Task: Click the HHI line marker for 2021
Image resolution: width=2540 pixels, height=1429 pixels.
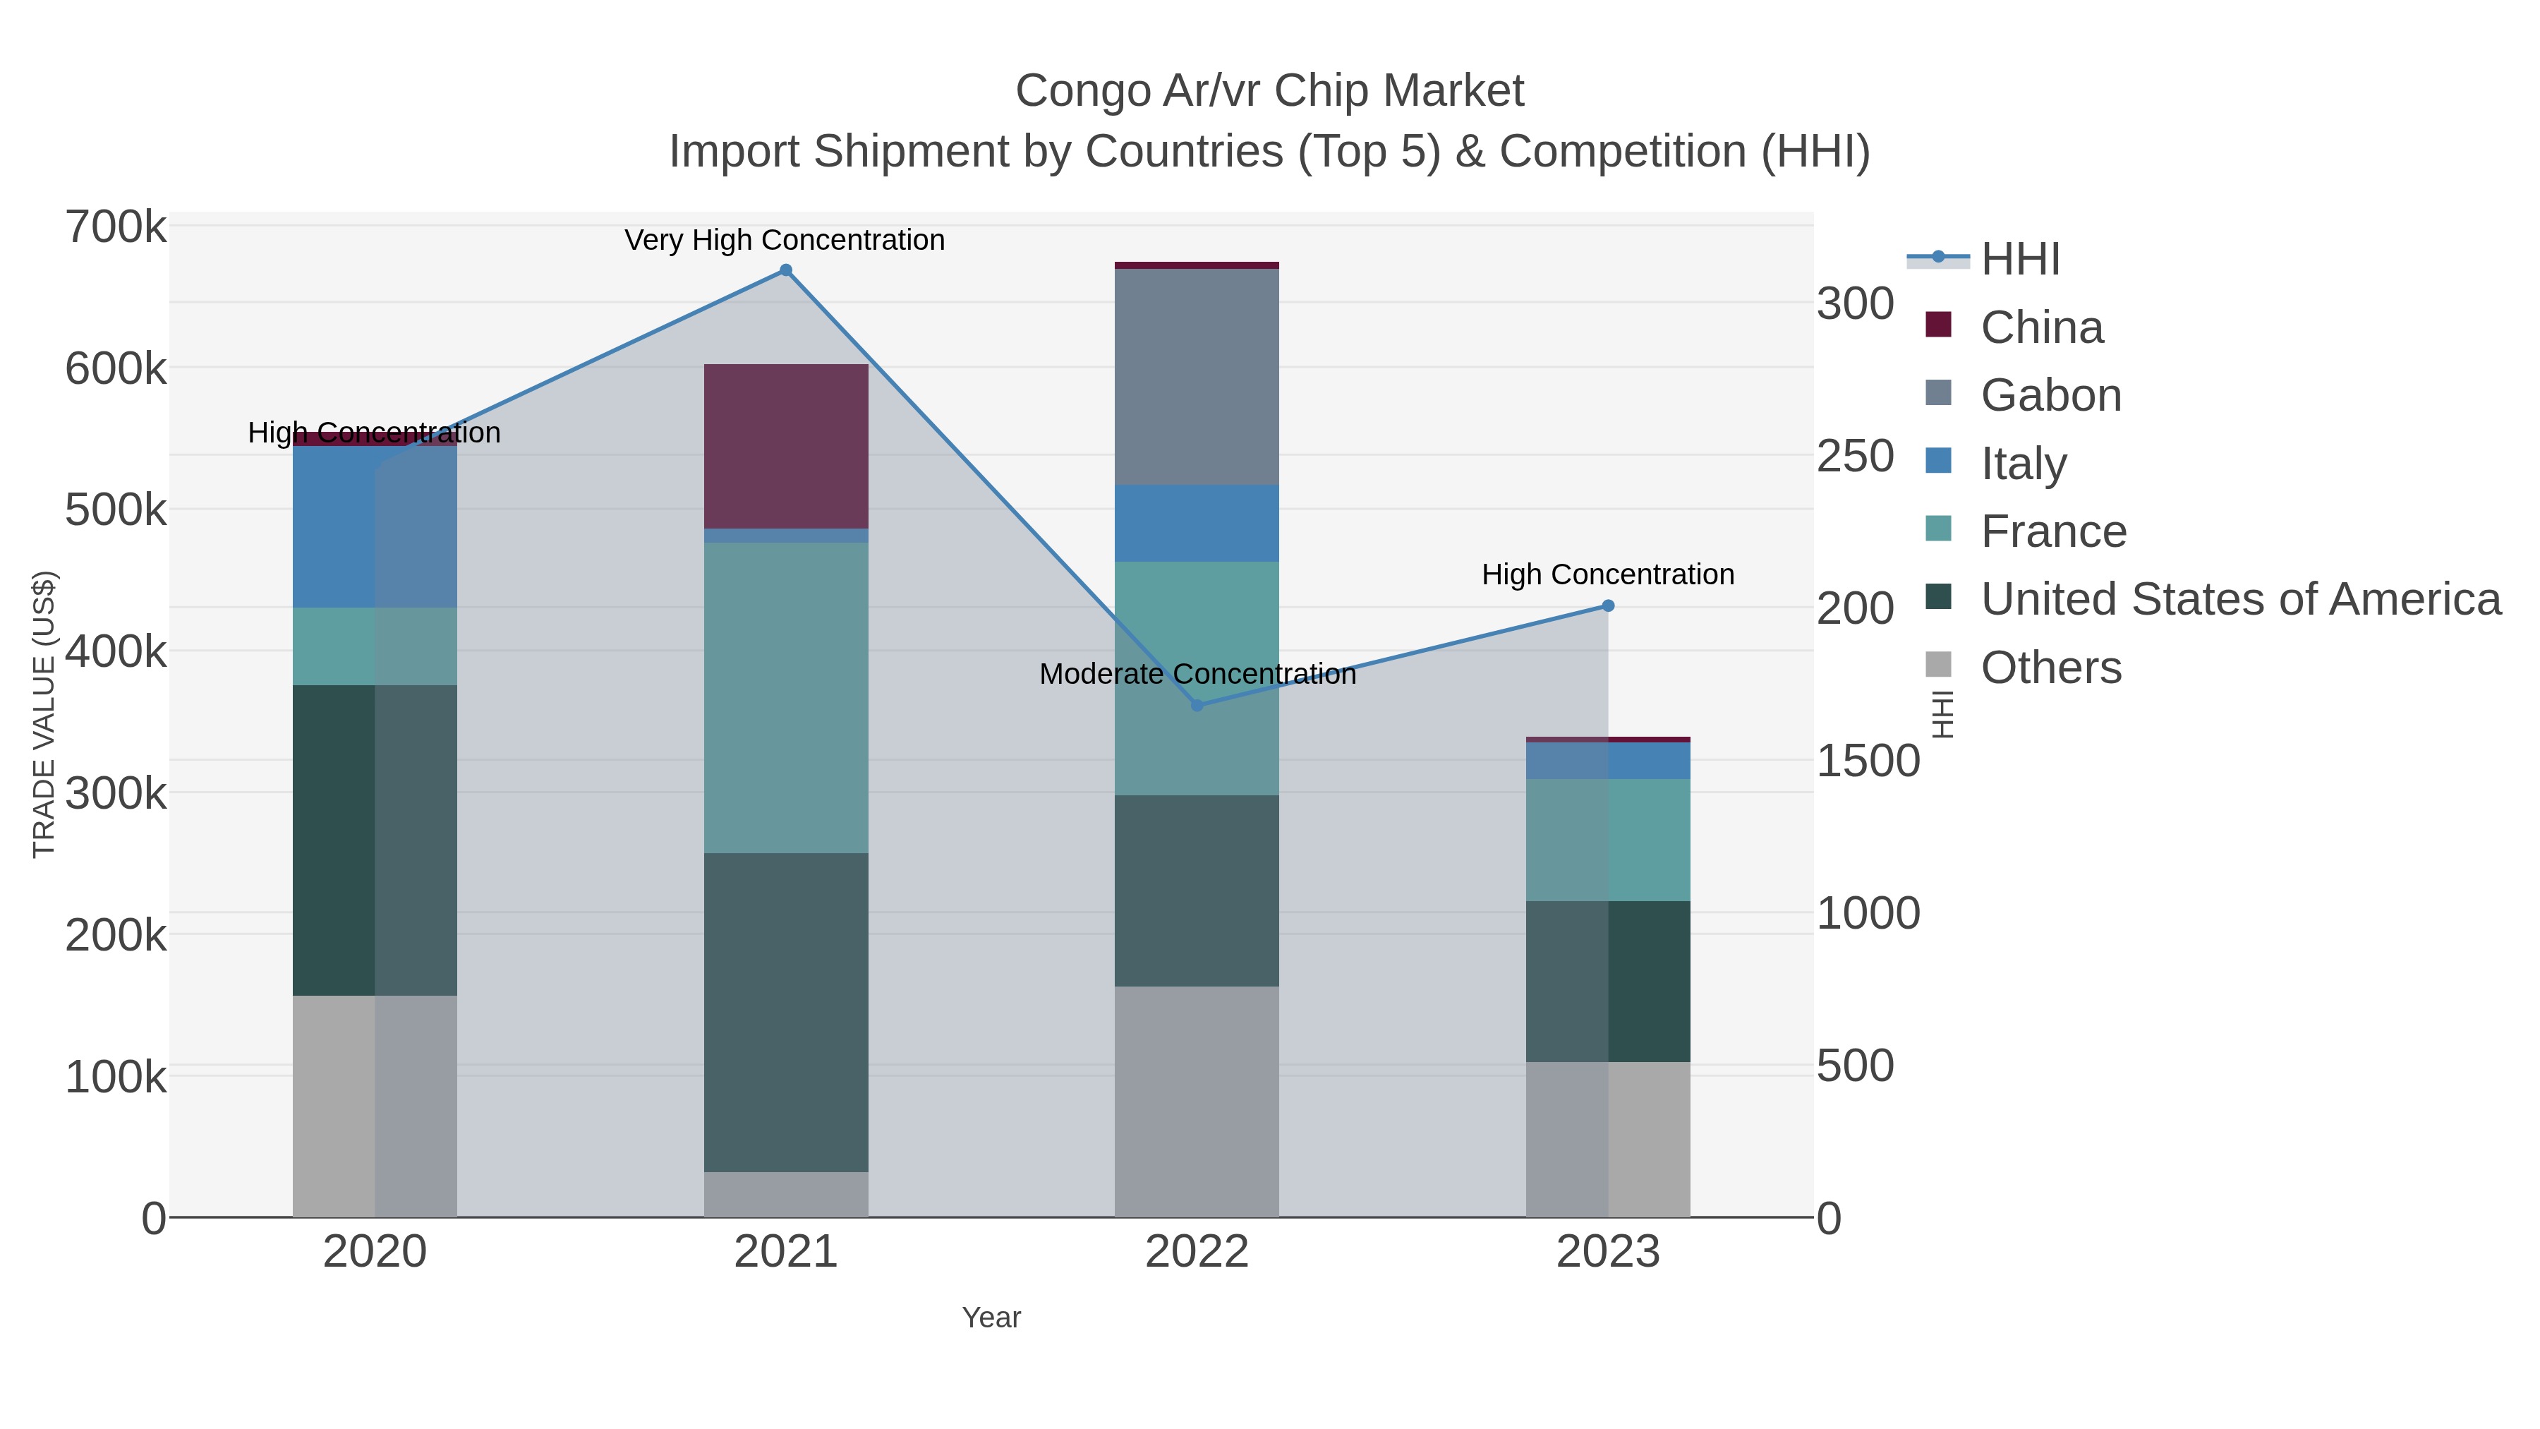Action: point(786,270)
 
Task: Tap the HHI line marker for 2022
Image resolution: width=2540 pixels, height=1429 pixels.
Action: point(1197,705)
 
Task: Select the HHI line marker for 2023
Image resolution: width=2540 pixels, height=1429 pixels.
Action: point(1608,605)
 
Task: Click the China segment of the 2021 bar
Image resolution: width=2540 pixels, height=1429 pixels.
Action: point(786,446)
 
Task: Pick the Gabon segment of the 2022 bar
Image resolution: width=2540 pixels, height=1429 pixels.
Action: point(1197,377)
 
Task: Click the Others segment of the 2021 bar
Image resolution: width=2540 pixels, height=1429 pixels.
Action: point(786,1194)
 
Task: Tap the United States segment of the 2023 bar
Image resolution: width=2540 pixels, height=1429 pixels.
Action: point(1608,982)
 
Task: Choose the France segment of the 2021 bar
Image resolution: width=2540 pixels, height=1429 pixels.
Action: point(786,697)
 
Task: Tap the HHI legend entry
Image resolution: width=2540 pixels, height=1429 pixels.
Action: point(2019,260)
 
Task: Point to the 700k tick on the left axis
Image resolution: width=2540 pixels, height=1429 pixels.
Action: point(116,228)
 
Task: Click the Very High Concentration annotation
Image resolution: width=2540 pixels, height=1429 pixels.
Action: point(785,241)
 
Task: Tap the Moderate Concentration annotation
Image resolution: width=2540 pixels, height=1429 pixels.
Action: point(1197,675)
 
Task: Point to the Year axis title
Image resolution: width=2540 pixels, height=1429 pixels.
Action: point(991,1318)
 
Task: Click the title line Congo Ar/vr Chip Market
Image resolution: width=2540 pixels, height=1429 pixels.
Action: point(1269,91)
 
